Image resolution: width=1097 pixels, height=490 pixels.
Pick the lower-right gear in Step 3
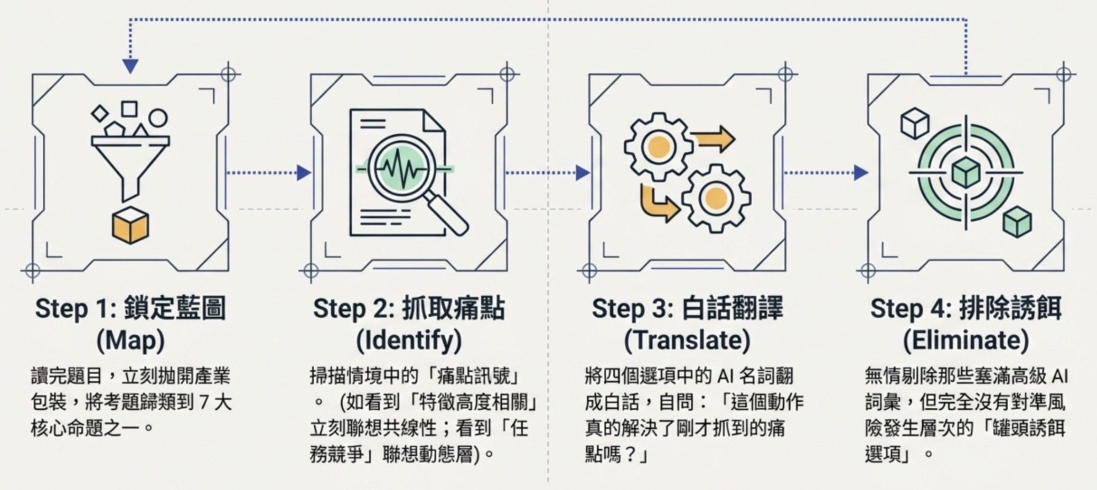(716, 198)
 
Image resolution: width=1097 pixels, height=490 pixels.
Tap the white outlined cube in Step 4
(915, 123)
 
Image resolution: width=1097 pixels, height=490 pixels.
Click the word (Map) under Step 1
(131, 341)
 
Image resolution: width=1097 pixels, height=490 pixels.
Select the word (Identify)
(409, 341)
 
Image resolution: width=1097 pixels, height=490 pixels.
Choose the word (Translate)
(687, 341)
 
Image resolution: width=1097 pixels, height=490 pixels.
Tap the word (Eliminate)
(966, 341)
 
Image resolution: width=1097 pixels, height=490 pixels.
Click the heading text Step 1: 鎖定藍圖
(131, 309)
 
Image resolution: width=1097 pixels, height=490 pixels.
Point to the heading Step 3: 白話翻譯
(687, 309)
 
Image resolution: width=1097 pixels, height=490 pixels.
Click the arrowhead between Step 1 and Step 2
(304, 173)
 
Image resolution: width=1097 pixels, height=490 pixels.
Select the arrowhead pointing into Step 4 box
(861, 173)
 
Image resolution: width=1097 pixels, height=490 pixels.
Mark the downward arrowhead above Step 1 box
(130, 66)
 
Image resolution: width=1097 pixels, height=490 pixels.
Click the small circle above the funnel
(158, 118)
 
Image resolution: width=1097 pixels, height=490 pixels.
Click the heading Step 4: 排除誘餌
(966, 309)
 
